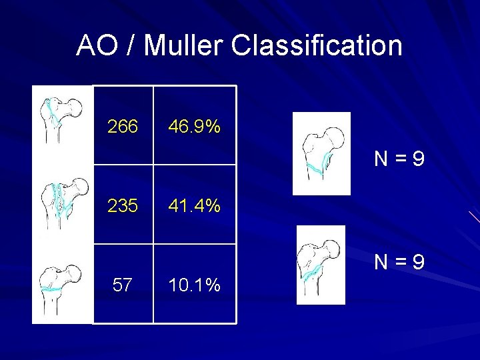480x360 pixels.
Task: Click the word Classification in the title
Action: (x=317, y=46)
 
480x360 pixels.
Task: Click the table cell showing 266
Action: (x=123, y=126)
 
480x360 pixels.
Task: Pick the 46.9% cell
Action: (x=195, y=126)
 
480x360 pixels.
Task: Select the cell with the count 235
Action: (x=123, y=205)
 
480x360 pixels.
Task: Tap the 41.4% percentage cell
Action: (x=195, y=205)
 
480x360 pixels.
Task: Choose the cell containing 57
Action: (x=123, y=285)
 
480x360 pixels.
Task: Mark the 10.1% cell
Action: (x=195, y=285)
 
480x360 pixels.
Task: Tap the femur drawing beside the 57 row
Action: (x=62, y=285)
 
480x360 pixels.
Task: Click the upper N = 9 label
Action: (x=399, y=159)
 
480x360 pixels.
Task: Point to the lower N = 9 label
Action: (x=399, y=263)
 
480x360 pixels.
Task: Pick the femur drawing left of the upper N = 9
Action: (x=321, y=153)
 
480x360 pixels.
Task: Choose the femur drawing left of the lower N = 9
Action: (x=321, y=265)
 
